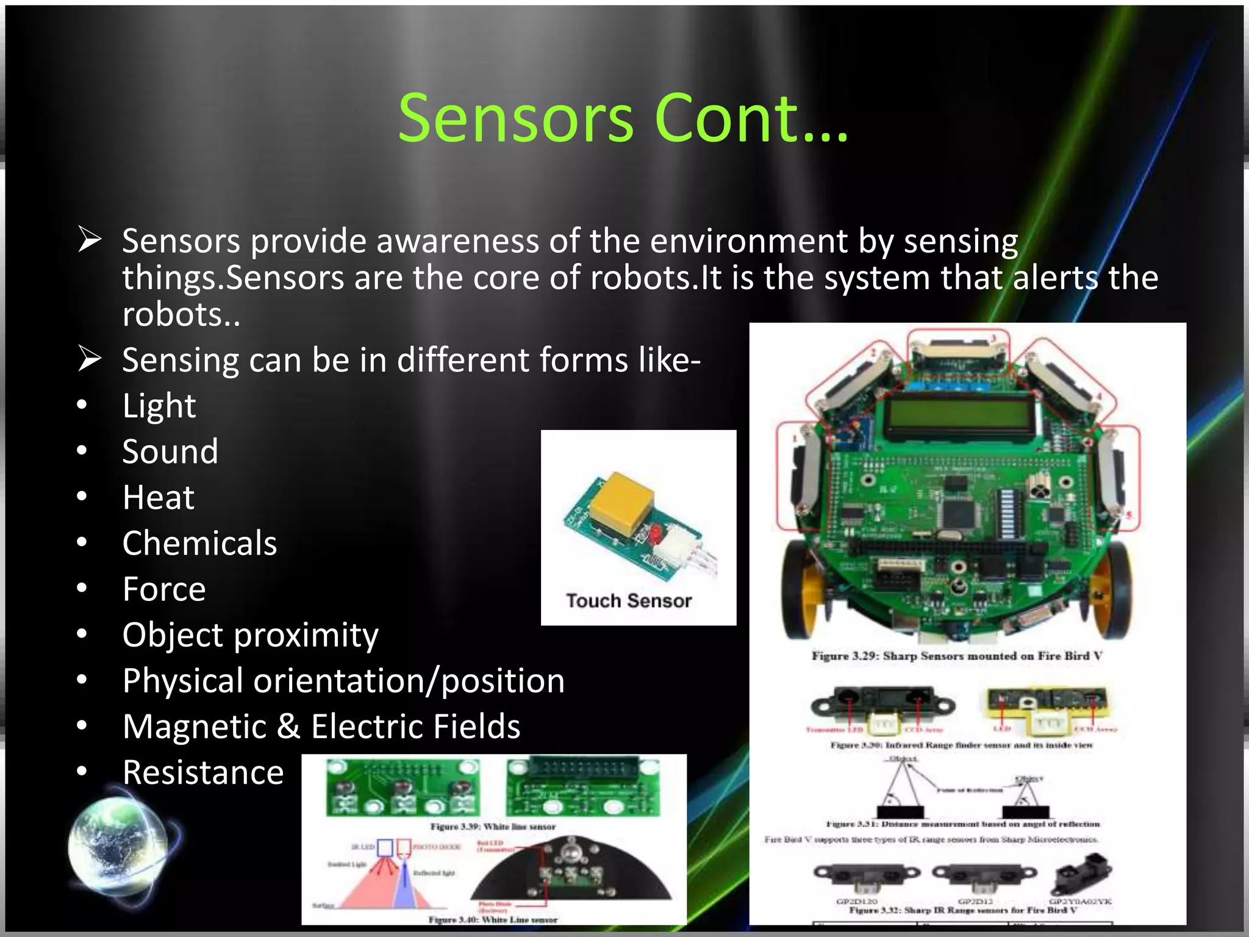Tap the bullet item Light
(x=159, y=406)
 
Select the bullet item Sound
(x=170, y=452)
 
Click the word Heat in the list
(x=159, y=498)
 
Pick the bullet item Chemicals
(x=199, y=544)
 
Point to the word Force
(x=164, y=589)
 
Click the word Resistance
(x=203, y=773)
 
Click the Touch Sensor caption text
(x=629, y=601)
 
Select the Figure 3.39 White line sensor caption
(x=493, y=827)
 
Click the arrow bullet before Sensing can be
(x=90, y=359)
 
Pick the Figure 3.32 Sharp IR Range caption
(x=963, y=910)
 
